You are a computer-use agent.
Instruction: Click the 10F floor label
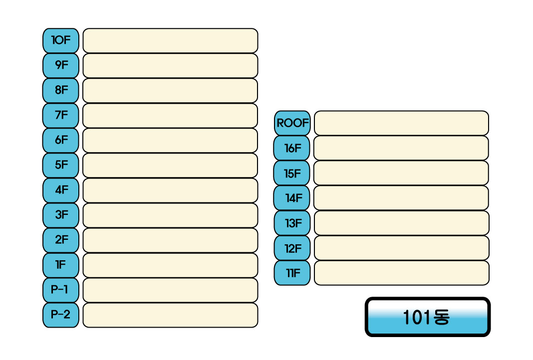(x=61, y=40)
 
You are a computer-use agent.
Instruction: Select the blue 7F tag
(x=61, y=115)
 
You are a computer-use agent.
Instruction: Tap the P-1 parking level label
(x=61, y=290)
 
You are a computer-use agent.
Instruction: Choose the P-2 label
(x=61, y=315)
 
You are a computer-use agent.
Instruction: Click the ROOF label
(x=292, y=123)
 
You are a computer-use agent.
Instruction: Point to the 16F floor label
(x=292, y=148)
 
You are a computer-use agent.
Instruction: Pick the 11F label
(x=292, y=273)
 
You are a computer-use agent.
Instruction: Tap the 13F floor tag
(x=292, y=223)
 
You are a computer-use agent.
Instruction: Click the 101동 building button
(x=428, y=317)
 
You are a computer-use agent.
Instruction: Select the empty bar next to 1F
(x=170, y=265)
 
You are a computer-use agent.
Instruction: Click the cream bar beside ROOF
(x=401, y=123)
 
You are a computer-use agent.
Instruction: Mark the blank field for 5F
(x=170, y=165)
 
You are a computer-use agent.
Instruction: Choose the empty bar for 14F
(x=401, y=198)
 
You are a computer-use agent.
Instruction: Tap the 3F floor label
(x=61, y=215)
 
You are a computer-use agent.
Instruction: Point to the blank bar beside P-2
(x=170, y=315)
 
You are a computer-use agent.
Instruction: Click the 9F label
(x=61, y=65)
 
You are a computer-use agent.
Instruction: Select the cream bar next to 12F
(x=401, y=248)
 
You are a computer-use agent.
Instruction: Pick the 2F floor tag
(x=61, y=240)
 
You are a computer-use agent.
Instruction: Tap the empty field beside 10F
(x=170, y=40)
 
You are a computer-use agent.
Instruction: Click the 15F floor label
(x=292, y=173)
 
